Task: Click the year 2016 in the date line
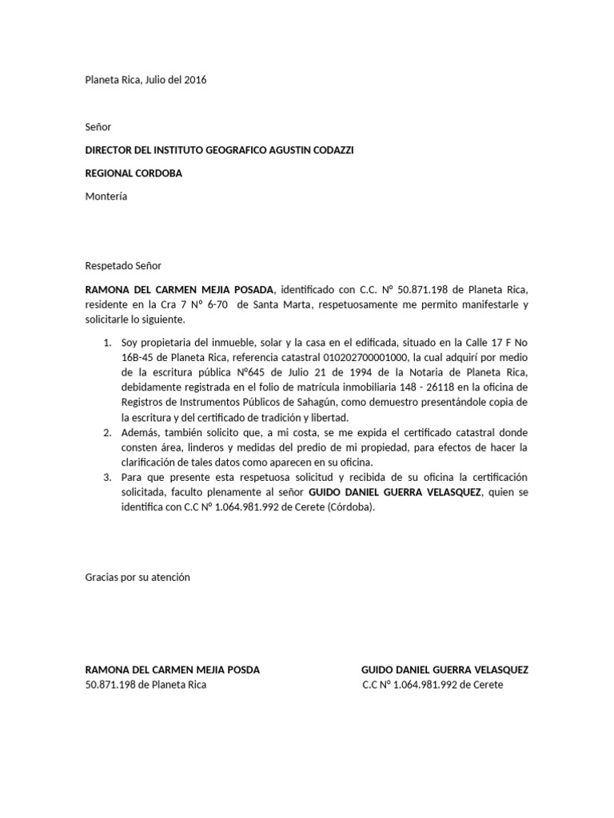195,80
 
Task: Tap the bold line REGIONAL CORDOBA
134,173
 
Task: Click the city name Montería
106,197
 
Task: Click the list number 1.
106,343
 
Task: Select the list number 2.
106,432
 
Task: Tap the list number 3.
106,478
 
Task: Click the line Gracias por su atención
138,577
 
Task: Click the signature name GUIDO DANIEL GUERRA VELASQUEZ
445,670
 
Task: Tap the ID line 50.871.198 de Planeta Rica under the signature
146,685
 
